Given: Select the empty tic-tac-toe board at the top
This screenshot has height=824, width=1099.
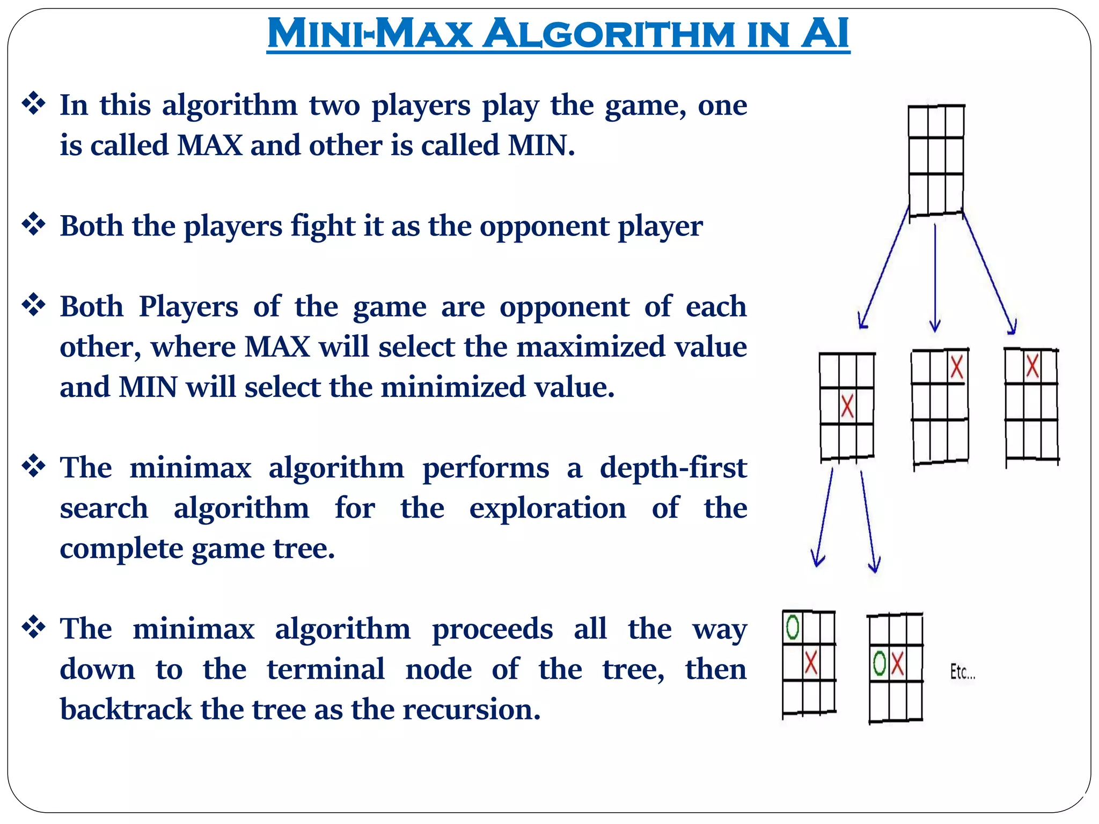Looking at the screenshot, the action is (936, 160).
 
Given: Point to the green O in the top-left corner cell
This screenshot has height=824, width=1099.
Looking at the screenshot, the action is (793, 627).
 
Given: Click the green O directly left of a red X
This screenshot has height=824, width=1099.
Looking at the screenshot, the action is (880, 664).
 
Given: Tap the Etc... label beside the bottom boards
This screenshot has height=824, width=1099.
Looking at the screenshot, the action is (963, 672).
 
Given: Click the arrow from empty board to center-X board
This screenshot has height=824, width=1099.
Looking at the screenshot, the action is (884, 268).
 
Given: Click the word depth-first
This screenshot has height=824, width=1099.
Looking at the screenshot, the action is (673, 467).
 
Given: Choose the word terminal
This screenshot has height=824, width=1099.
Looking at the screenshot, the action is (326, 669).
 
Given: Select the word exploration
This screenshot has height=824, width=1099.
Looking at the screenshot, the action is (547, 508).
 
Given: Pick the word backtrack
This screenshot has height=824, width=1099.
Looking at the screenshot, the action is (126, 709).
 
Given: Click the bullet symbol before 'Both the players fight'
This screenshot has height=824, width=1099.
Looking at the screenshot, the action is (33, 224).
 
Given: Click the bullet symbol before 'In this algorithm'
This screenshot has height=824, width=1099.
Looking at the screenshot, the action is (33, 103).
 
